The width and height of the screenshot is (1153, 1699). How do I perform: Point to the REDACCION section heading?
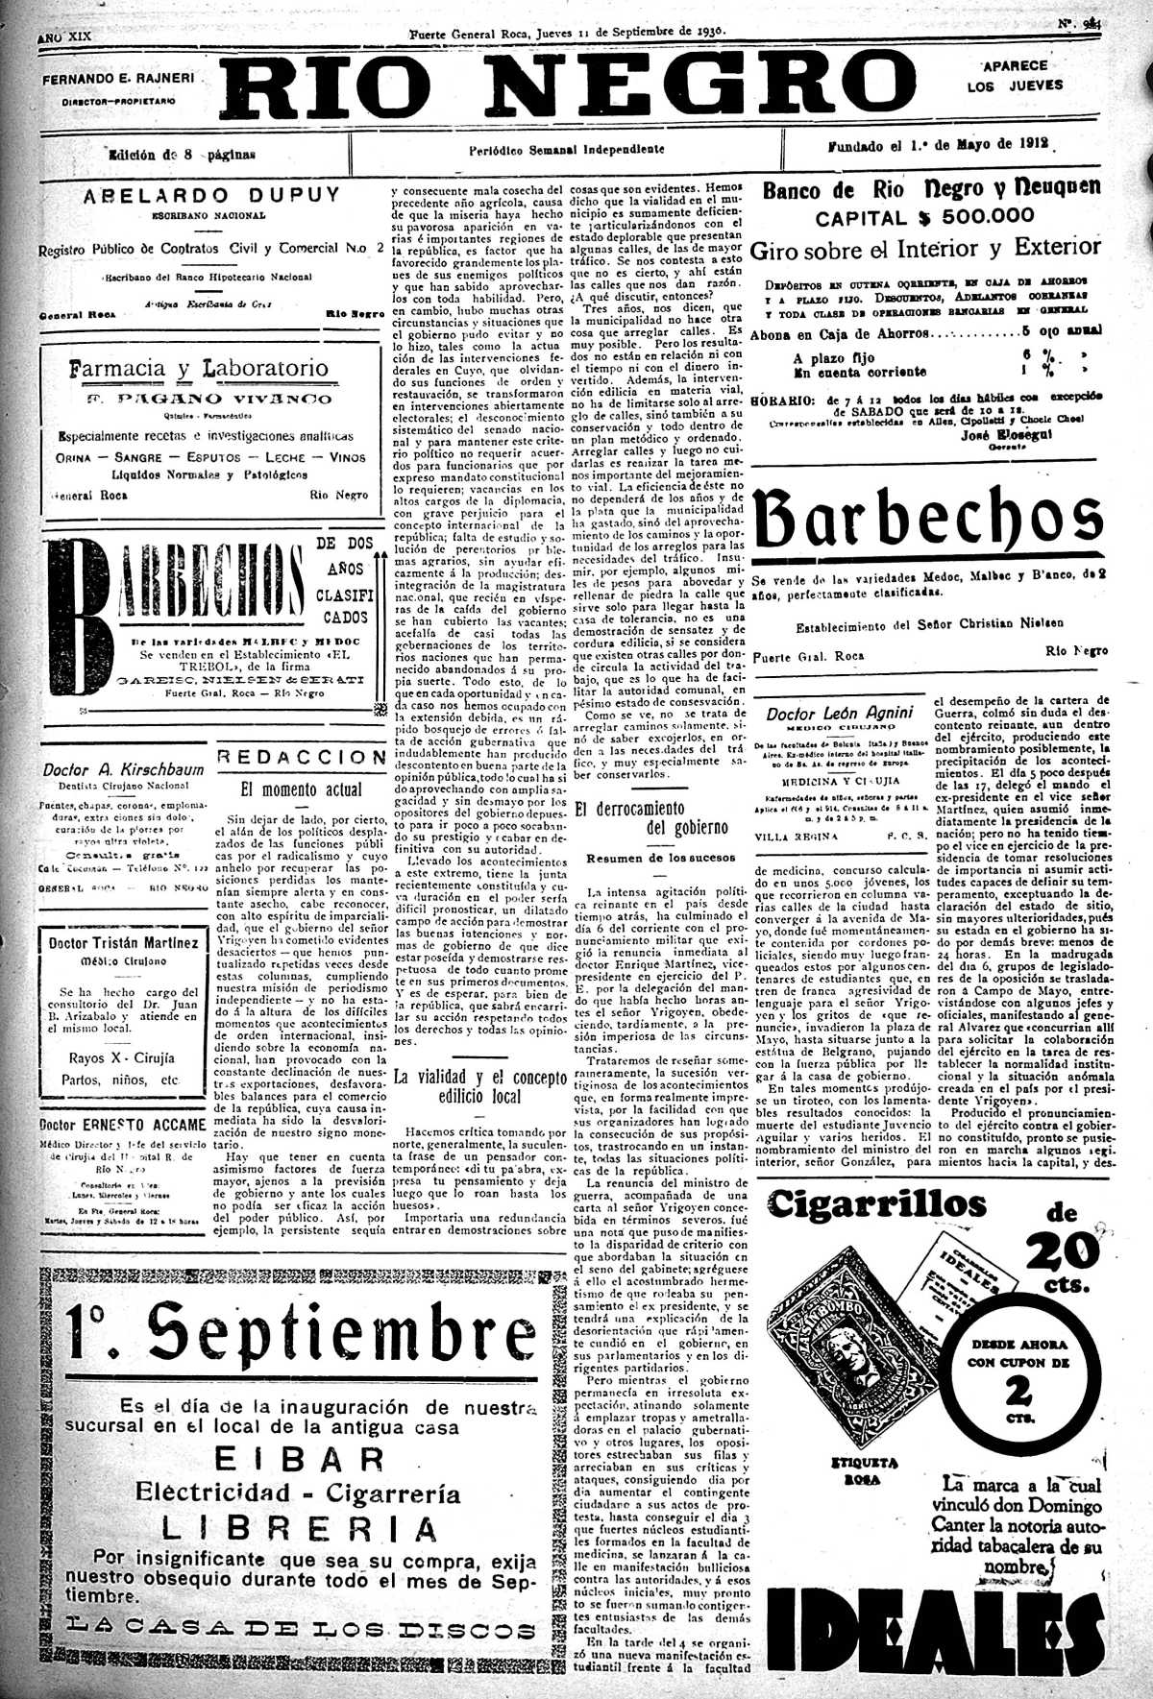click(x=302, y=757)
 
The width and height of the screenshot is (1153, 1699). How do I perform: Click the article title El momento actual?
click(x=302, y=789)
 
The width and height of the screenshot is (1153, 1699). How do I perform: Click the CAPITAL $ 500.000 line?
click(x=924, y=217)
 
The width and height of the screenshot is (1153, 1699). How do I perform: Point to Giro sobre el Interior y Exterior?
click(x=924, y=249)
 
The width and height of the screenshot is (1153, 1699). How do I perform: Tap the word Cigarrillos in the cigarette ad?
click(x=876, y=1203)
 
